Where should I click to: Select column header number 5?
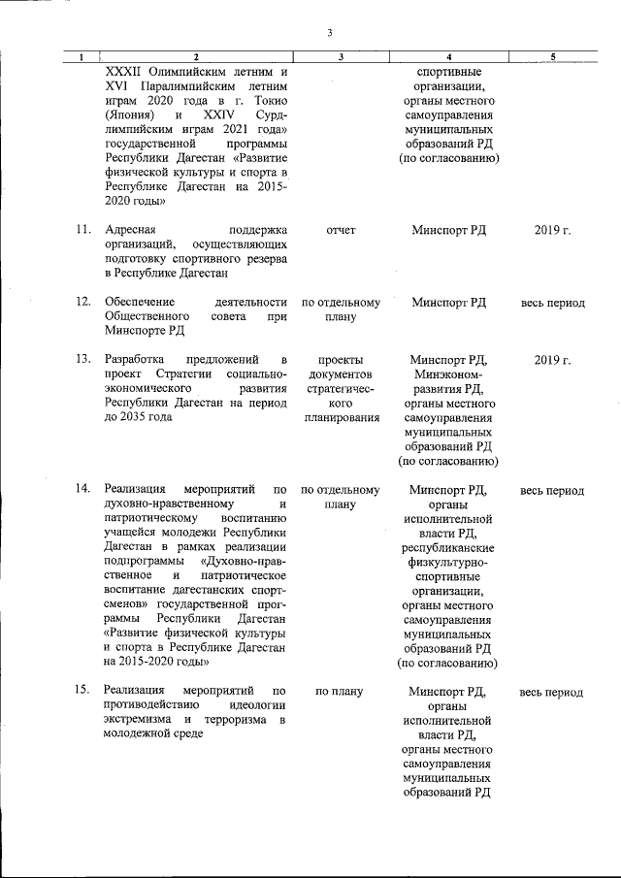pyautogui.click(x=551, y=58)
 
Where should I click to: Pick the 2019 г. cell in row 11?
pyautogui.click(x=552, y=230)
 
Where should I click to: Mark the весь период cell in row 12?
pyautogui.click(x=552, y=303)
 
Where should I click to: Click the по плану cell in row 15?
pyautogui.click(x=340, y=692)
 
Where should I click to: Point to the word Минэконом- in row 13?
pyautogui.click(x=448, y=374)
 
